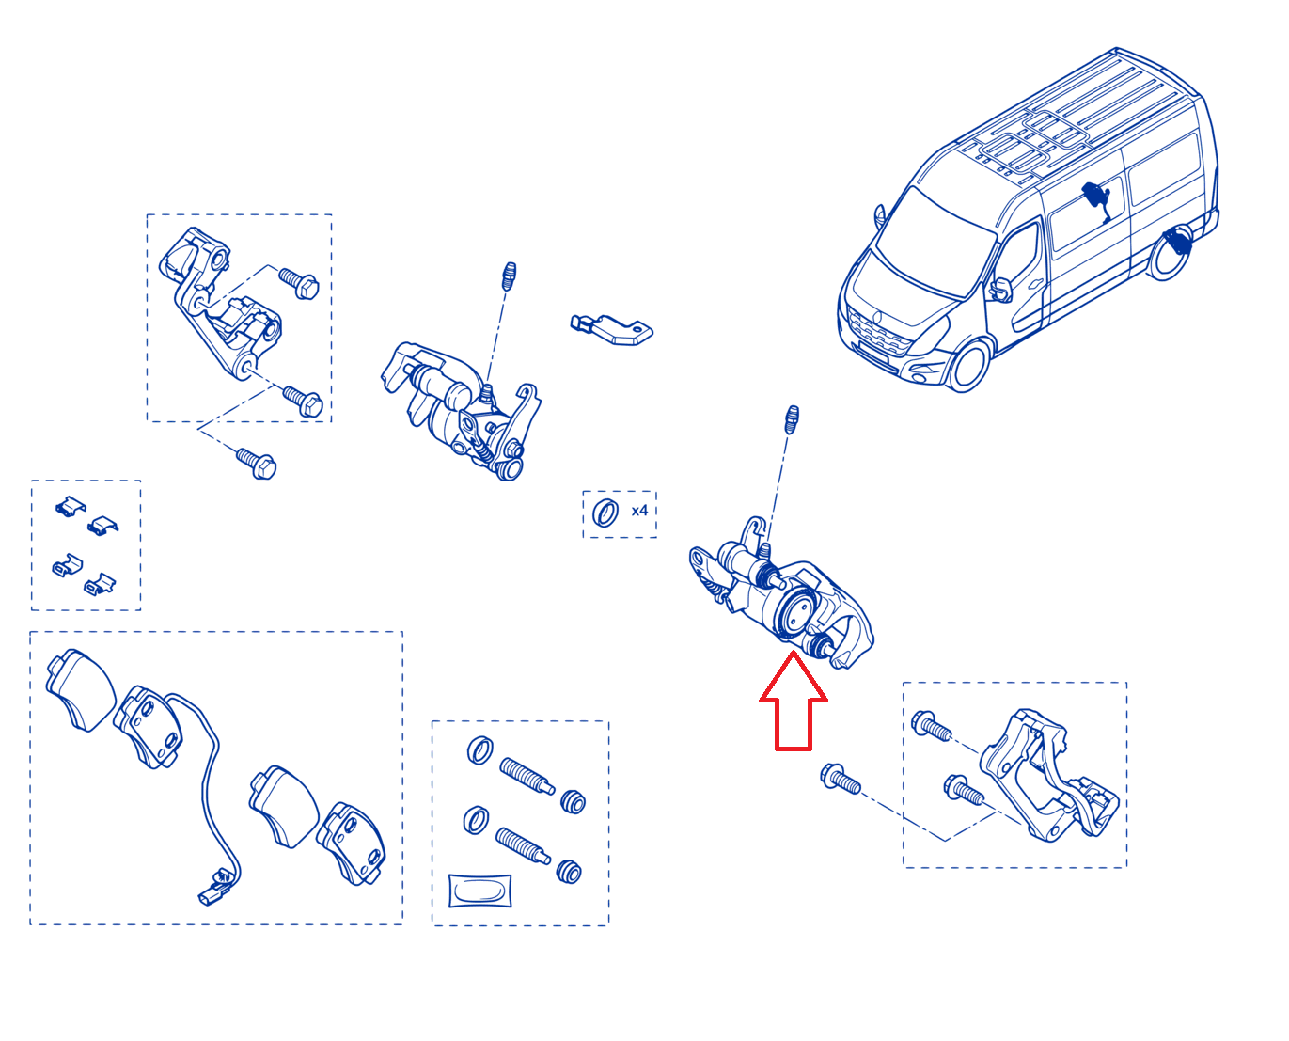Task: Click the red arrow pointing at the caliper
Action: pyautogui.click(x=793, y=702)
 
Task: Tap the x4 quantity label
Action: pyautogui.click(x=639, y=511)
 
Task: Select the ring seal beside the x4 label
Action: pyautogui.click(x=605, y=513)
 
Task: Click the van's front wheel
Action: pyautogui.click(x=969, y=365)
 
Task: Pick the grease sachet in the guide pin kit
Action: pyautogui.click(x=479, y=891)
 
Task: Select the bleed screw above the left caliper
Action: pyautogui.click(x=510, y=276)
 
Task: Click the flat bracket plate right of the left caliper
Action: pyautogui.click(x=612, y=330)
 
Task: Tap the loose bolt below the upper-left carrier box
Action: pyautogui.click(x=257, y=464)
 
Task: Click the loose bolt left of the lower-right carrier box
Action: pyautogui.click(x=841, y=780)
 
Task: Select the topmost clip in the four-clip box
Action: pyautogui.click(x=71, y=507)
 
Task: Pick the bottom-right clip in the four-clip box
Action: pyautogui.click(x=100, y=584)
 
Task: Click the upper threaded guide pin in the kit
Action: pyautogui.click(x=527, y=777)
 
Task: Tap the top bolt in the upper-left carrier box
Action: pyautogui.click(x=299, y=284)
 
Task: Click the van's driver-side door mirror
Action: pyautogui.click(x=1000, y=290)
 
